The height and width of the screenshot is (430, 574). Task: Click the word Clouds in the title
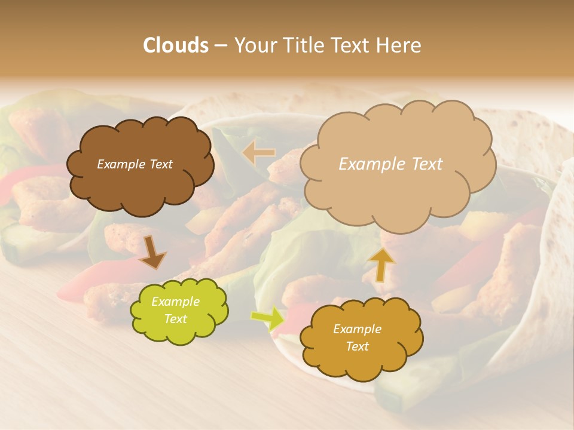click(175, 45)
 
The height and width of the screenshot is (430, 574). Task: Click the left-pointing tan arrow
click(258, 153)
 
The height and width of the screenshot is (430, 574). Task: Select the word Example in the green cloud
click(175, 302)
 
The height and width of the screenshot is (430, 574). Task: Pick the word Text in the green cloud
click(175, 319)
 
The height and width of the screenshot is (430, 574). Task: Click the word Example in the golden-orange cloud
click(357, 329)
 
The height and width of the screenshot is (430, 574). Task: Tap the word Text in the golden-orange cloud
click(357, 346)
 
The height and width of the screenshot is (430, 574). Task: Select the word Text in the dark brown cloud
click(160, 164)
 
